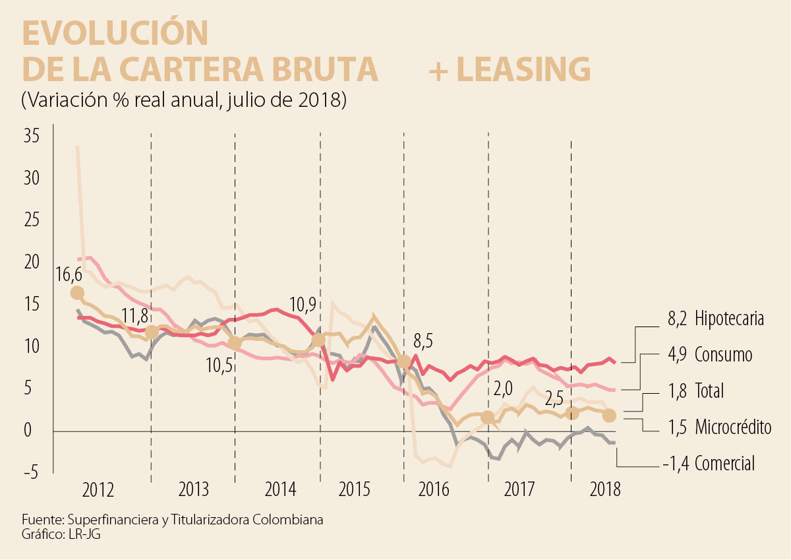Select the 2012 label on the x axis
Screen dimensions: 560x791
(99, 491)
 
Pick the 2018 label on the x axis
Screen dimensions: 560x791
(606, 491)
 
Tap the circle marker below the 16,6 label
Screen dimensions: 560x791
(77, 293)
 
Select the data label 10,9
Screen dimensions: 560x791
(303, 305)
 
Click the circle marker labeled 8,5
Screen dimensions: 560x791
(405, 362)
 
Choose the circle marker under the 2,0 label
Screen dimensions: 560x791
(487, 417)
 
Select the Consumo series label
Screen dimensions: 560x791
(723, 355)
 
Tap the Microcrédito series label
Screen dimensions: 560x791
(732, 427)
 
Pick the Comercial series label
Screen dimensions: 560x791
(724, 464)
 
